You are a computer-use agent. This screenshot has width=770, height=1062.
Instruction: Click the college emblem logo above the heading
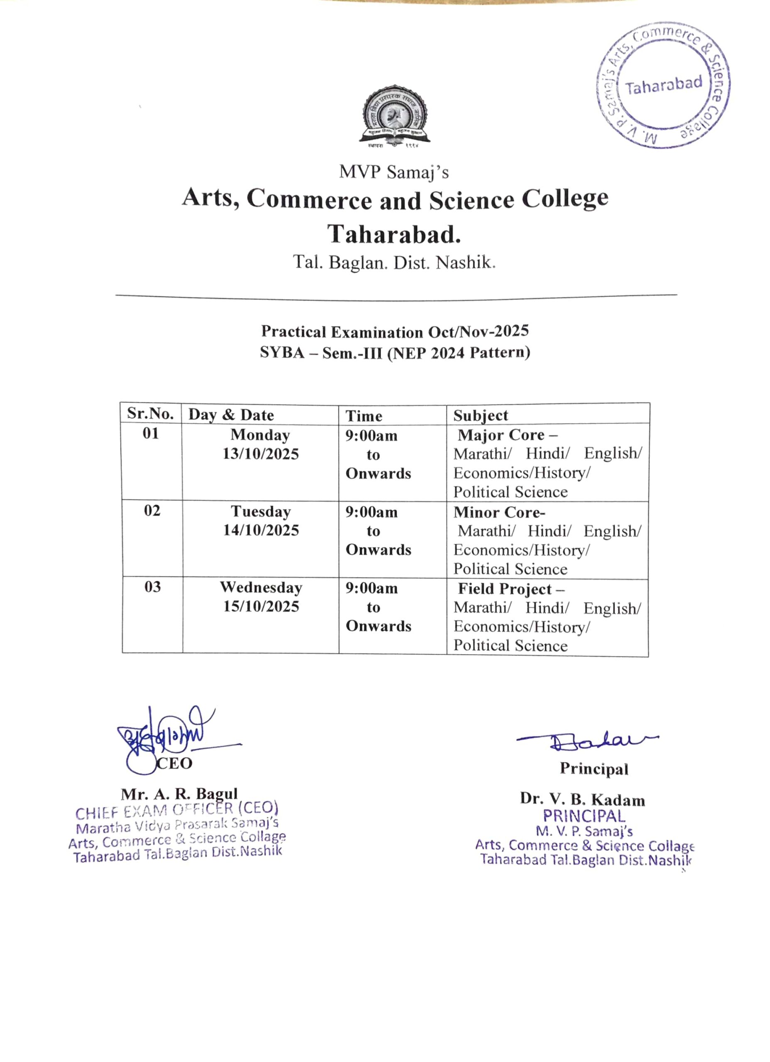tap(394, 115)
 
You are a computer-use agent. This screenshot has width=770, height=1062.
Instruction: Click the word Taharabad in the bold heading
tap(394, 234)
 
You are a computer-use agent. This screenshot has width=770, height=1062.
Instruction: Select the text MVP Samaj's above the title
tap(394, 172)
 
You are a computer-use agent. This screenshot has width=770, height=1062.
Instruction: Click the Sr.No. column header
tap(150, 414)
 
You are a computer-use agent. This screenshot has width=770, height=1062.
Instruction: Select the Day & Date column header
tap(231, 415)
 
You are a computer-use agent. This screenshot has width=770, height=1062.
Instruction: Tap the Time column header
tap(364, 416)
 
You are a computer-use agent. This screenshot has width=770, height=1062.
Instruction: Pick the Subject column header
tap(481, 415)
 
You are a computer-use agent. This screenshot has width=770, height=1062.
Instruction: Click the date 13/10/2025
tap(260, 454)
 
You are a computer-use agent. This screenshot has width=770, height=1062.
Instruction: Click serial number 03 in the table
tap(152, 587)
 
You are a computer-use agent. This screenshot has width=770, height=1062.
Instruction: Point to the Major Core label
tap(507, 435)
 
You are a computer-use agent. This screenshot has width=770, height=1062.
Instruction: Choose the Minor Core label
tap(499, 512)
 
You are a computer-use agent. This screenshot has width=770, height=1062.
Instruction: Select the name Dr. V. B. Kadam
tap(582, 799)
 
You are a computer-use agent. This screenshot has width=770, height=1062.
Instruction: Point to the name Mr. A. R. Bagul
tap(179, 794)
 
